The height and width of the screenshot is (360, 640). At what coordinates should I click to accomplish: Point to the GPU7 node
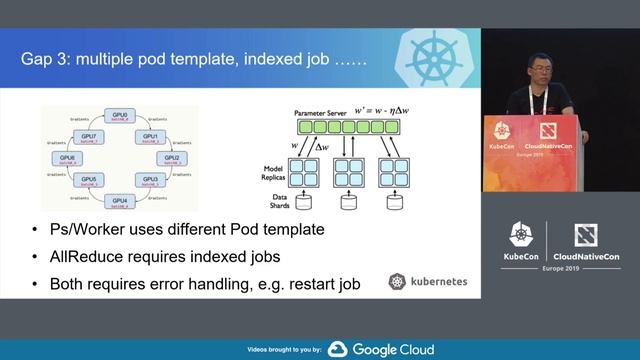[x=90, y=136]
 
